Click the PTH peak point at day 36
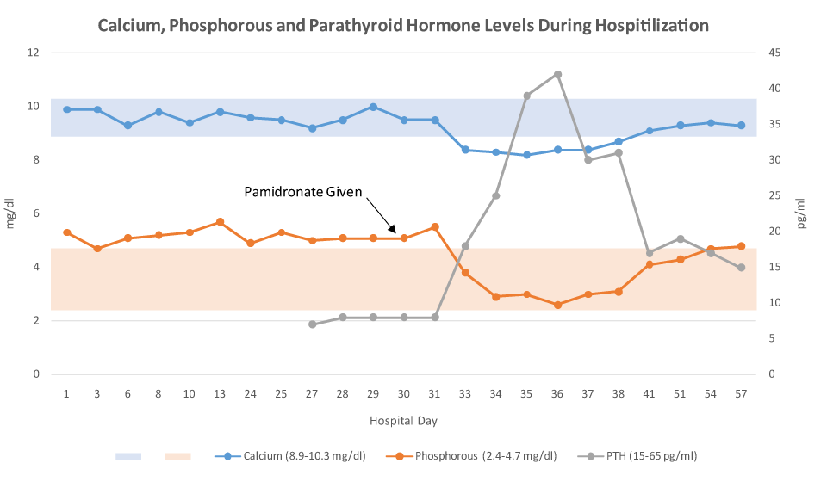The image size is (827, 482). click(x=557, y=74)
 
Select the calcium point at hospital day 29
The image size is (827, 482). click(x=373, y=107)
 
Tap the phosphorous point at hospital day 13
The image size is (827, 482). click(x=221, y=222)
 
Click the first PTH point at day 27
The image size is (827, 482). click(x=312, y=324)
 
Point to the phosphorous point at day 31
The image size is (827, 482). click(x=435, y=227)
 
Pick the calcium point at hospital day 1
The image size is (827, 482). click(x=66, y=109)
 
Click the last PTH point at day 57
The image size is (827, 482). click(x=741, y=268)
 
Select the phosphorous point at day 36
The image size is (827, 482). click(x=557, y=305)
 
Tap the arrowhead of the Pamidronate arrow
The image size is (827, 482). click(x=395, y=232)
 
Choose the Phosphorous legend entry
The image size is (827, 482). click(x=477, y=455)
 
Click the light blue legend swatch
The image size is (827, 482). click(x=128, y=455)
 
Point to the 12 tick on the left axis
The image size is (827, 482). click(x=34, y=53)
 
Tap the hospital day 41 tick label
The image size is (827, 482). click(x=649, y=393)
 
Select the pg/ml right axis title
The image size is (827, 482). click(x=801, y=213)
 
